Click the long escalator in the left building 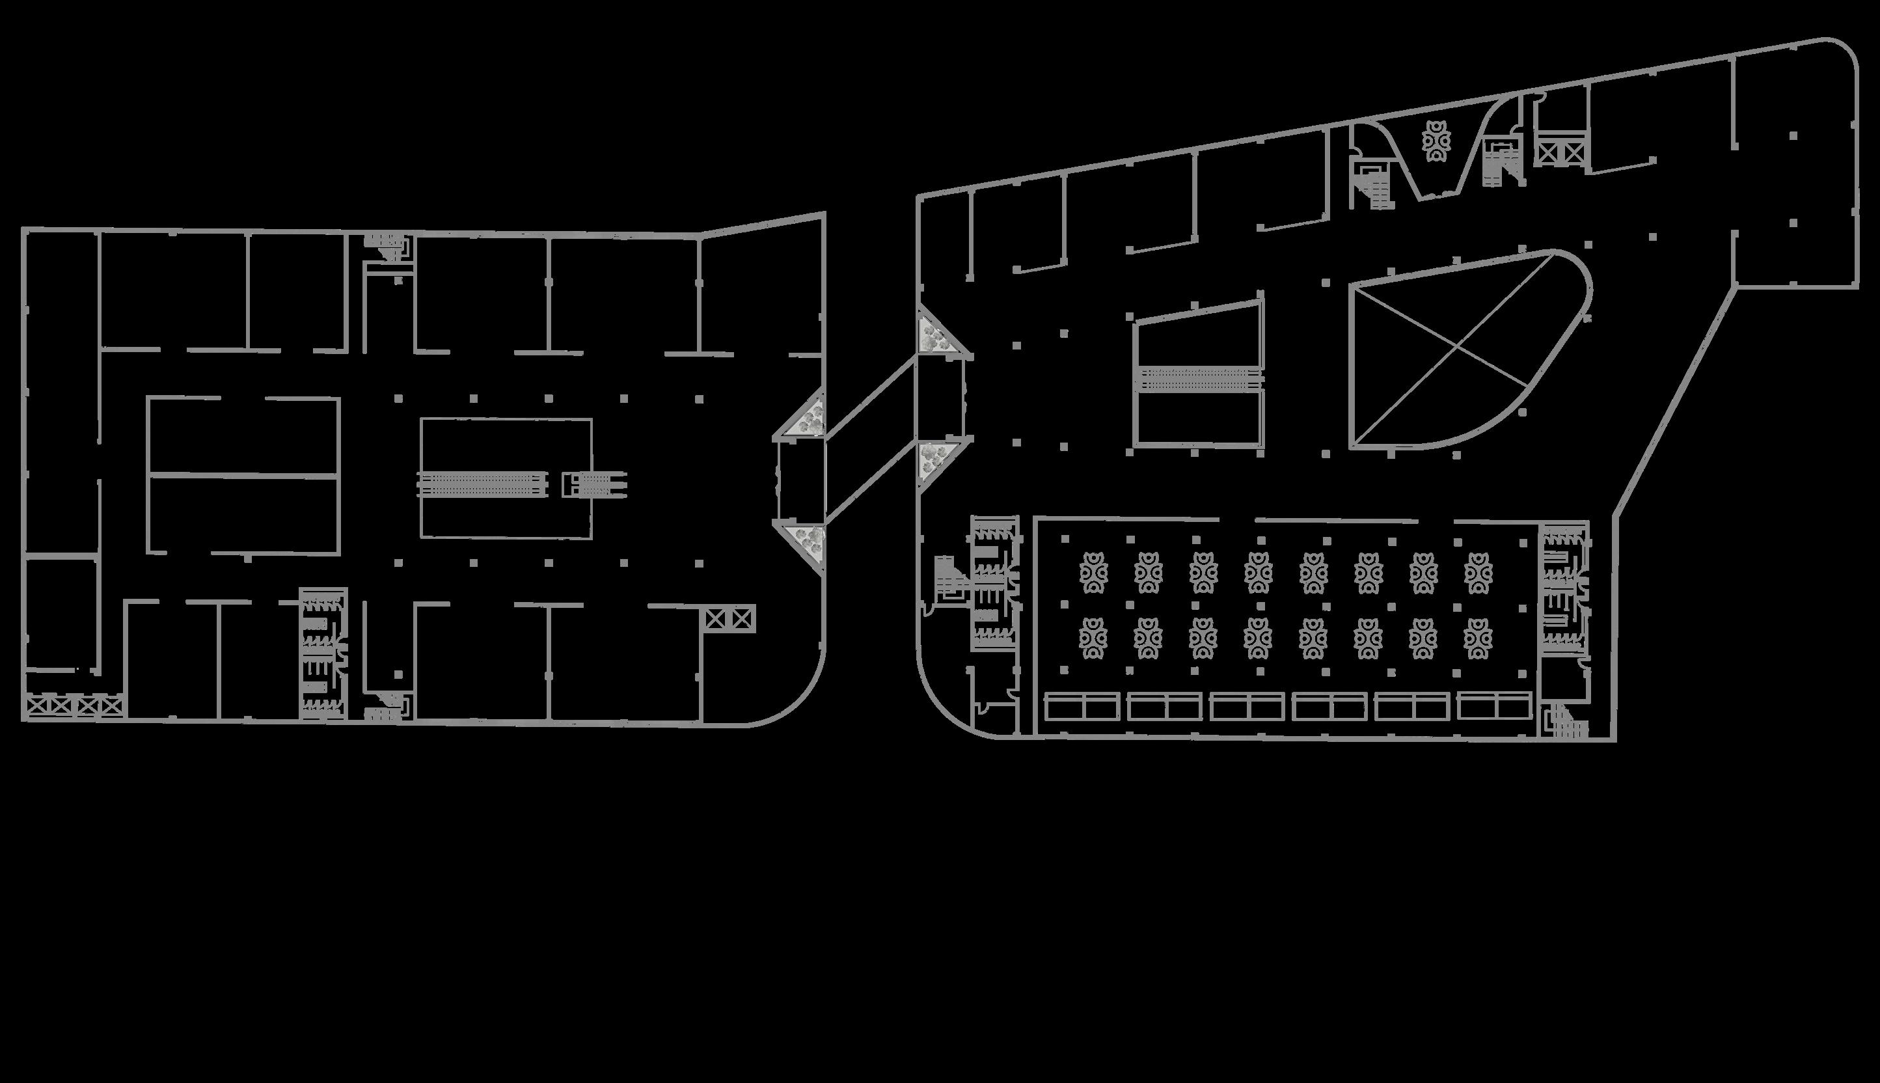[483, 484]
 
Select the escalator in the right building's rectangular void [1199, 379]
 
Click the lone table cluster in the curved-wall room [1436, 141]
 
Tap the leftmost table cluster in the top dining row [1093, 573]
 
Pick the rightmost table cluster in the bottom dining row [1478, 639]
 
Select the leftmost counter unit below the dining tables [1082, 707]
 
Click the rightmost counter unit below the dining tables [1495, 707]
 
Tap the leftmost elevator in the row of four [37, 705]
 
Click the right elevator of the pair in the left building [742, 619]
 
